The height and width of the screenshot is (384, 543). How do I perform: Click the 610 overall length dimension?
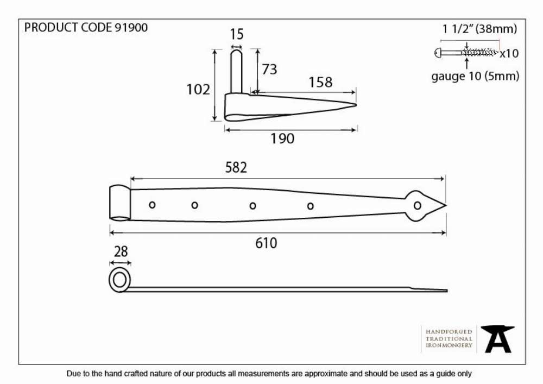point(266,243)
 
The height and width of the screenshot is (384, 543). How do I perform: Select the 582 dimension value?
point(236,168)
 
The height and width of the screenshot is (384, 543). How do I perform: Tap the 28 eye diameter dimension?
point(121,251)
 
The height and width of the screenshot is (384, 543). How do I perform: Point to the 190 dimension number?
point(282,139)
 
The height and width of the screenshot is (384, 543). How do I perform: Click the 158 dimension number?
point(320,83)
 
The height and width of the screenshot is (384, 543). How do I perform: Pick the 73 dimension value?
point(269,70)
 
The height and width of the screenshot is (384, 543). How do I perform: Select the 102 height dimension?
point(198,89)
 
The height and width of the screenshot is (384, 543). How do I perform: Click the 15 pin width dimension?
point(237,34)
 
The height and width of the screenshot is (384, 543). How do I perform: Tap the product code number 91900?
point(131,27)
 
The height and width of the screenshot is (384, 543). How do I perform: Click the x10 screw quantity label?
point(509,53)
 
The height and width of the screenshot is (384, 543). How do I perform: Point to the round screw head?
point(438,53)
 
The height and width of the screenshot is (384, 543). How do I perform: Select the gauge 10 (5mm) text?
point(475,76)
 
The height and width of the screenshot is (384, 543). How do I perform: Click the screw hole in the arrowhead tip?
point(417,206)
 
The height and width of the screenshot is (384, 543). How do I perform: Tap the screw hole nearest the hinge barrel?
point(152,205)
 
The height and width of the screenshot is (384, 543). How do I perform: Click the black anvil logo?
point(497,339)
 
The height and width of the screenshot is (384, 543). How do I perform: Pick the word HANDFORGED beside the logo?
point(449,332)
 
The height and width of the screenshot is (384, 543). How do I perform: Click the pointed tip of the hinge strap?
point(446,206)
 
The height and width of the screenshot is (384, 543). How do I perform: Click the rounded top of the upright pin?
point(237,52)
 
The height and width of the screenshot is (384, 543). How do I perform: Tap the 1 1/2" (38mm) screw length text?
point(479,29)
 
